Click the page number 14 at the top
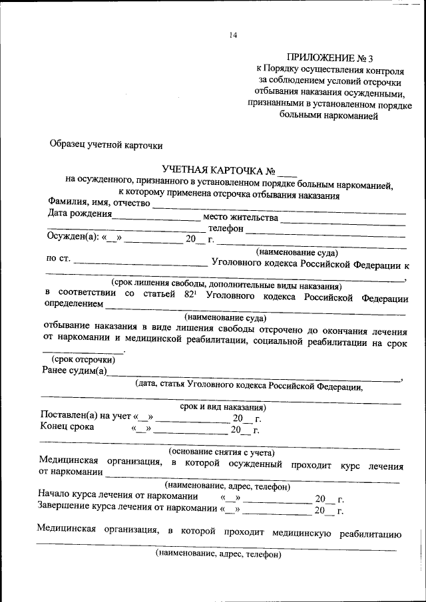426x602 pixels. click(x=233, y=35)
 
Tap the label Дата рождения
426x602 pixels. click(x=79, y=214)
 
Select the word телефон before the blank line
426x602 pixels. click(x=226, y=228)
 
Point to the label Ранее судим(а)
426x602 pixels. click(x=74, y=371)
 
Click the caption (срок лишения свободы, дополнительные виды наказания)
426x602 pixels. click(x=226, y=284)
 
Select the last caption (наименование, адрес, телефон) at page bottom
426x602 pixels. click(x=219, y=553)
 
